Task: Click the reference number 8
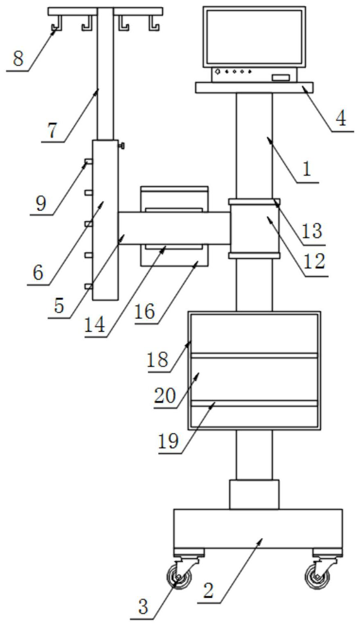18,59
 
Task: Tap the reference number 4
341,118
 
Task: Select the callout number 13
312,231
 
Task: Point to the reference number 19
168,441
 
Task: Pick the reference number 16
145,312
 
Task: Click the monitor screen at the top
254,37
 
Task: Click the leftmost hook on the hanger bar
57,23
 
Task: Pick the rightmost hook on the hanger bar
153,23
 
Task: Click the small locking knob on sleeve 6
121,146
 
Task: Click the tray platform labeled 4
254,88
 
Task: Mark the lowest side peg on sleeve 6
88,287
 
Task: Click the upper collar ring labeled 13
254,201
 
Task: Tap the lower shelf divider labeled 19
254,403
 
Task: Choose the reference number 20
165,395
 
